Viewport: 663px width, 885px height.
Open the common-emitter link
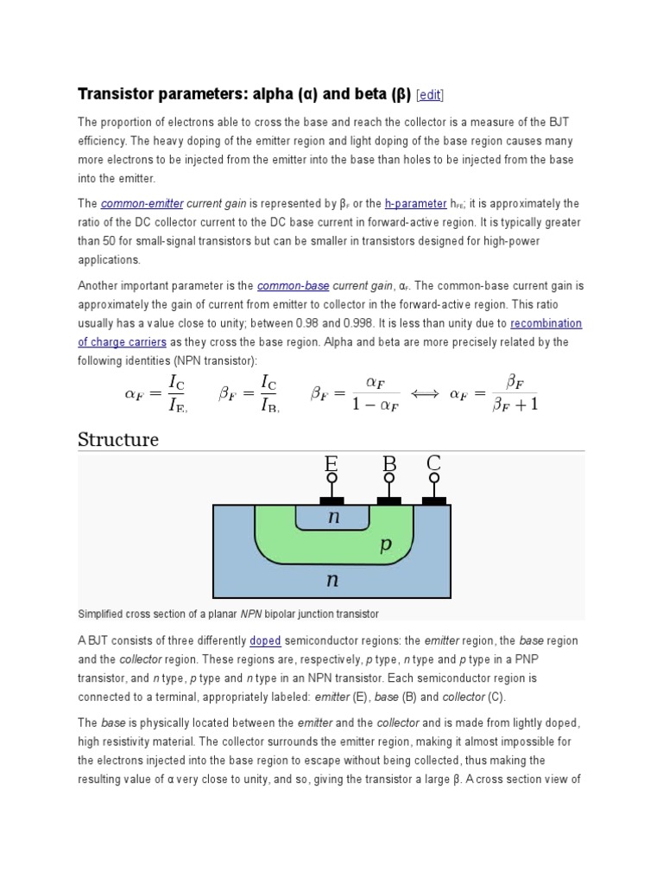pos(142,204)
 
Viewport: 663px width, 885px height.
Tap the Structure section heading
pos(118,439)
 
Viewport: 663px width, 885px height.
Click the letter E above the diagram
pos(331,464)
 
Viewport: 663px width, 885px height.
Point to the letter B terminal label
pos(389,464)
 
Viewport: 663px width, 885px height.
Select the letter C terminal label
pos(433,464)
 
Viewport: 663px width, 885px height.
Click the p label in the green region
pos(387,545)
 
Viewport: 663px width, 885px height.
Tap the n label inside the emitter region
pos(332,518)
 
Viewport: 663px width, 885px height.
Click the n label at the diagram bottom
pos(331,581)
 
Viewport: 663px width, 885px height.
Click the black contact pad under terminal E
pos(331,500)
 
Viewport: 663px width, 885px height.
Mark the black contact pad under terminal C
pos(433,500)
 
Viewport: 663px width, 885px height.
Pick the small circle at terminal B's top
pos(389,478)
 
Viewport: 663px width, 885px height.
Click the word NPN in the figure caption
pos(251,614)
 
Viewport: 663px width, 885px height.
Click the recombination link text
pos(546,323)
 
